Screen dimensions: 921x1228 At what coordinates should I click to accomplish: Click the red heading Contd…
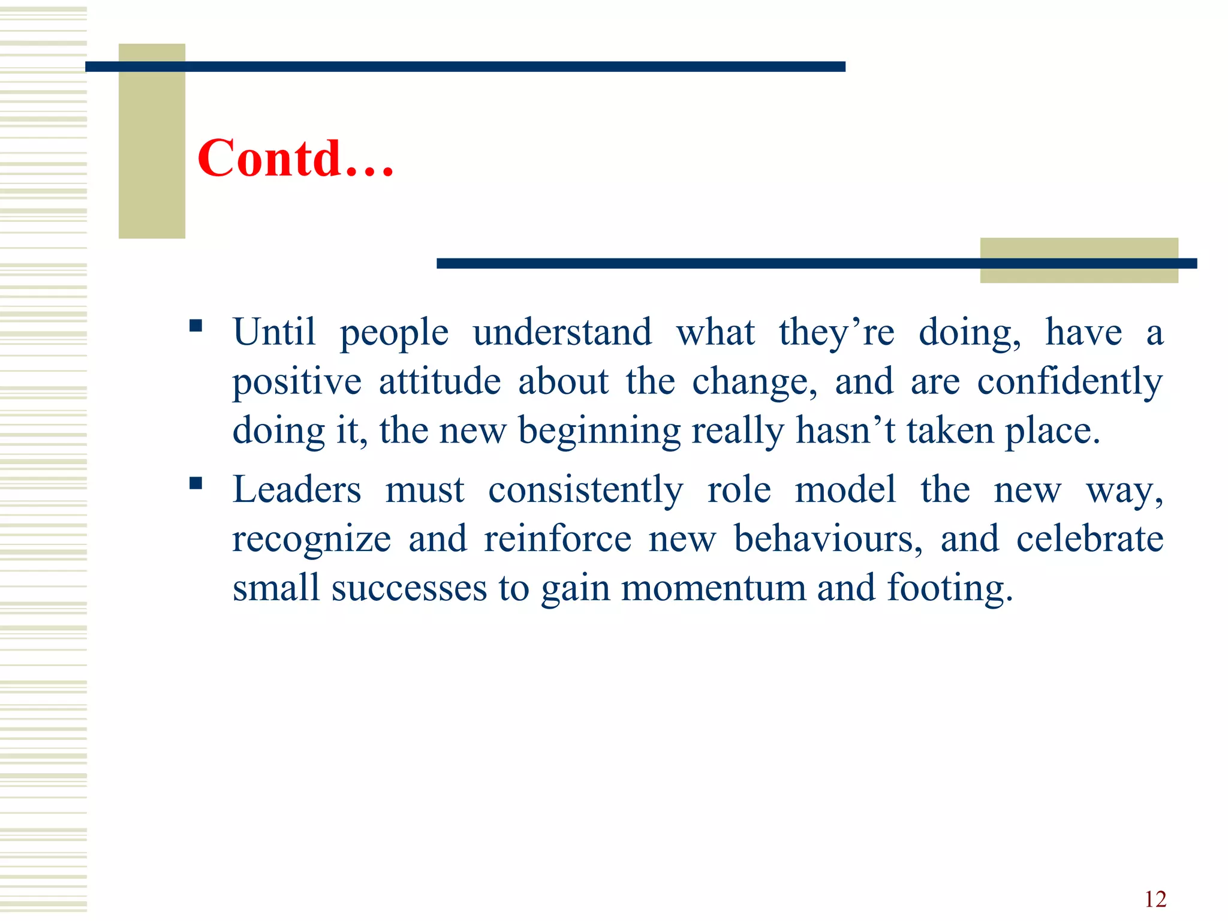[295, 158]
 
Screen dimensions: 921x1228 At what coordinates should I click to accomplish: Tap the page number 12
[1155, 899]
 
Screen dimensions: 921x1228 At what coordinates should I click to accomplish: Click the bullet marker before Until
[195, 326]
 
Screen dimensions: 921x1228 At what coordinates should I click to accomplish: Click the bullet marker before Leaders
[195, 483]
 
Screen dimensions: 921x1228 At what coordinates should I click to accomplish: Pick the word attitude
[440, 381]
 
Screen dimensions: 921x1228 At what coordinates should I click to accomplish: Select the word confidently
[1070, 381]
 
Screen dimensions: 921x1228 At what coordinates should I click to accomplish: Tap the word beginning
[599, 431]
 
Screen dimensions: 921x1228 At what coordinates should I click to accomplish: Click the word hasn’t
[845, 431]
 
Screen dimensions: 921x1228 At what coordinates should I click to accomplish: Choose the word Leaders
[297, 489]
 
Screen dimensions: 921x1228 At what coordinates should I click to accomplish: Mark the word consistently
[585, 489]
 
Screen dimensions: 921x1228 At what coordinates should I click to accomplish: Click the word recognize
[312, 538]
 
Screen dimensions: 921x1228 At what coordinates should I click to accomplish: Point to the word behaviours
[827, 538]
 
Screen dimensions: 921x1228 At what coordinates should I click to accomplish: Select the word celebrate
[1089, 538]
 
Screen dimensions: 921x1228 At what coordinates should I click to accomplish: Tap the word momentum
[713, 588]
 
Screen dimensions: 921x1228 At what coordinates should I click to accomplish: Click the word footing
[950, 588]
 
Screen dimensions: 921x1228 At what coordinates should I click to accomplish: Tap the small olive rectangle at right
[1079, 249]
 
